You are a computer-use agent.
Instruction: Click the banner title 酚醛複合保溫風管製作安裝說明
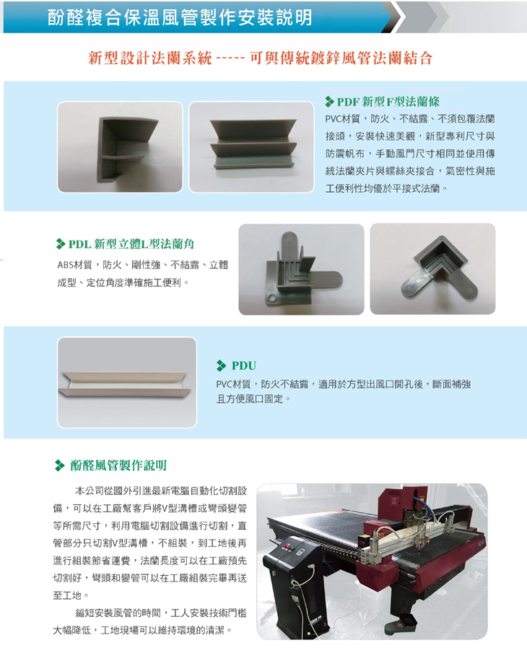click(180, 17)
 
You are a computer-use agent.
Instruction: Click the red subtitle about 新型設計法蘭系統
click(260, 58)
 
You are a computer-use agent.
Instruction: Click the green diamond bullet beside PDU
click(221, 366)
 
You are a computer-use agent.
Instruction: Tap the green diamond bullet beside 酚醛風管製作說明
click(60, 465)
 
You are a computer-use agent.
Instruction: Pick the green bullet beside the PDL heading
click(61, 244)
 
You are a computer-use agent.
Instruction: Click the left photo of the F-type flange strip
click(120, 147)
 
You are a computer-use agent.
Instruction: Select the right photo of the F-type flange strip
click(252, 147)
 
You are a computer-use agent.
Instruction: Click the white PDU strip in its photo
click(125, 383)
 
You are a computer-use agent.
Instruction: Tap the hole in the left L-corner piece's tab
click(272, 299)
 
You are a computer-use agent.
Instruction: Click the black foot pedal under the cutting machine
click(401, 622)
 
